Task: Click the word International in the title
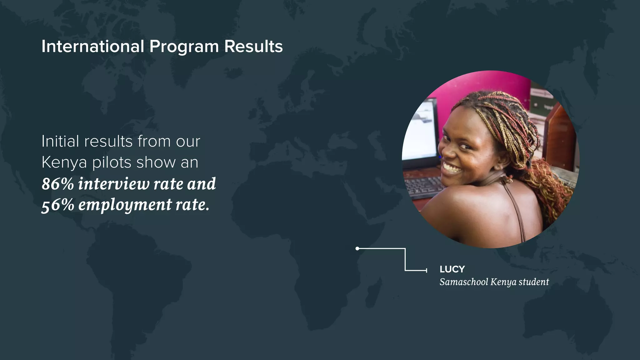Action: [x=92, y=46]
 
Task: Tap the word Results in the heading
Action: [x=253, y=46]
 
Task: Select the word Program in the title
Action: [x=184, y=47]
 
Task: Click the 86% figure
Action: [x=57, y=184]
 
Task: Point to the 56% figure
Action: [x=57, y=205]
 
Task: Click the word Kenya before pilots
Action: [x=64, y=162]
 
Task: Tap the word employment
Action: [x=125, y=206]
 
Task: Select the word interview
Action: [x=114, y=184]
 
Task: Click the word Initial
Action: [x=60, y=141]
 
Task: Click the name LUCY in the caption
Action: [x=452, y=269]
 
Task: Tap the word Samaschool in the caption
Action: [x=463, y=282]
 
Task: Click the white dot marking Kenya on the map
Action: [x=357, y=248]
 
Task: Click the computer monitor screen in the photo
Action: [x=420, y=131]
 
